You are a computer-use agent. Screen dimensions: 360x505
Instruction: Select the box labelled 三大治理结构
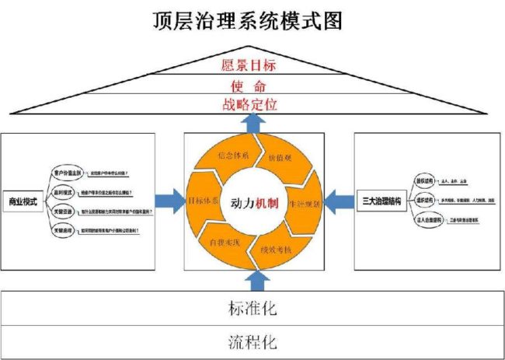(381, 202)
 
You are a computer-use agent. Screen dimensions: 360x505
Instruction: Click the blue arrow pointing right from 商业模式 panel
(167, 201)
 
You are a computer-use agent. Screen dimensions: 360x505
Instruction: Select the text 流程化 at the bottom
(252, 341)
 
